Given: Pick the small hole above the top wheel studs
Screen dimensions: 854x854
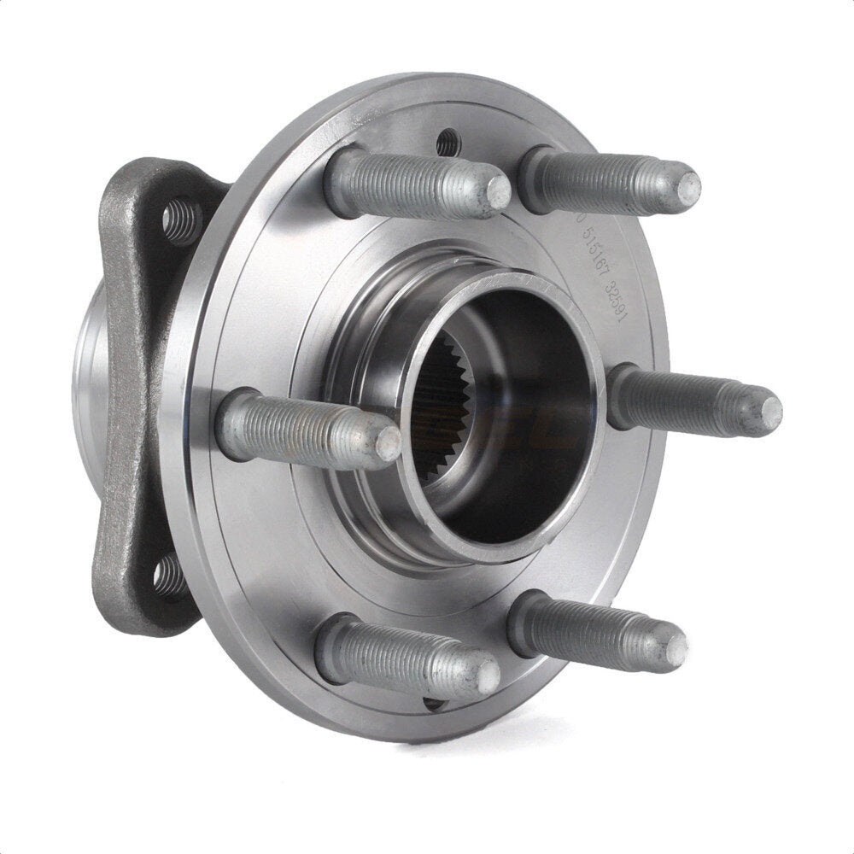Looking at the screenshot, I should coord(446,142).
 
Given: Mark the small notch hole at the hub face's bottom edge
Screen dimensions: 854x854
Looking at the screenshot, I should coord(434,702).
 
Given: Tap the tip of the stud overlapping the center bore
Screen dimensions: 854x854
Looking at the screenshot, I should coord(387,442).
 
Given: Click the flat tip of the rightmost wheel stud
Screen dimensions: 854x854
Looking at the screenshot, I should coord(770,412).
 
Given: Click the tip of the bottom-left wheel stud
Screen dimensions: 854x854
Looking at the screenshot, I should coord(488,676).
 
